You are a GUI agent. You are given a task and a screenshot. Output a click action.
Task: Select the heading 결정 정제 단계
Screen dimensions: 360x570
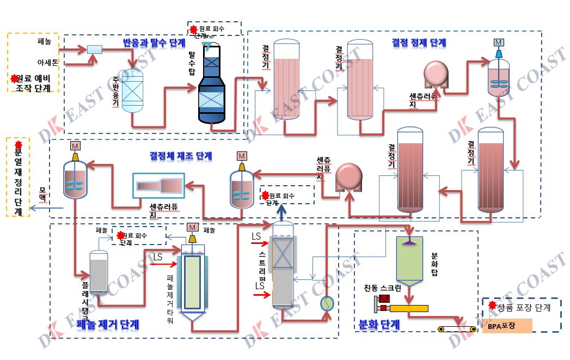tap(419, 42)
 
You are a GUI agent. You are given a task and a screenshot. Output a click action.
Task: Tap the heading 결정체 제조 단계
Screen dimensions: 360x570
tap(181, 156)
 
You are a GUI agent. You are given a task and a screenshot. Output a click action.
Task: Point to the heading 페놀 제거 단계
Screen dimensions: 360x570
tap(108, 325)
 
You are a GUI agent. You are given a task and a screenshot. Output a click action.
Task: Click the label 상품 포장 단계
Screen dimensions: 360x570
tap(523, 308)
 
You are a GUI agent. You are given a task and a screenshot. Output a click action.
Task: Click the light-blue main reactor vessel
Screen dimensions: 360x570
tap(131, 90)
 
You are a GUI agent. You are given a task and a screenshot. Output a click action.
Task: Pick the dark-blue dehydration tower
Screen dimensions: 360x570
tap(211, 87)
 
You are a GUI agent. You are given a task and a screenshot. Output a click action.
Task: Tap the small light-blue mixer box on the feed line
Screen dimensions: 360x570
tap(95, 50)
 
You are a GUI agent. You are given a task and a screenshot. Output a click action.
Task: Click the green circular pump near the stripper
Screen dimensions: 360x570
tap(327, 303)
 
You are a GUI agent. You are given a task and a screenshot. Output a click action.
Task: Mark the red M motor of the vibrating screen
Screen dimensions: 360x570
tap(384, 299)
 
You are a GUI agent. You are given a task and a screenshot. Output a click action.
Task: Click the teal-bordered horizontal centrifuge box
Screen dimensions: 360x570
tap(159, 186)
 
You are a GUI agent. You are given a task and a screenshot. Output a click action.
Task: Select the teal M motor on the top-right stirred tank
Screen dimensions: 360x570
tap(499, 42)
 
